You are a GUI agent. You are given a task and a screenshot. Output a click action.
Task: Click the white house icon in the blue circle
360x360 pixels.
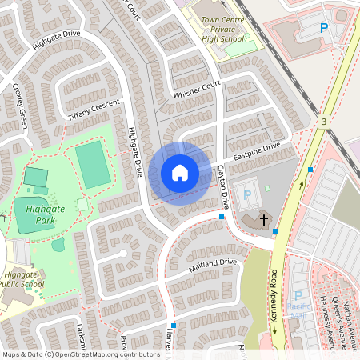[x=179, y=173]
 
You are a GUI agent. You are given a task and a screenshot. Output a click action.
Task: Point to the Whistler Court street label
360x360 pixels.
[x=196, y=94]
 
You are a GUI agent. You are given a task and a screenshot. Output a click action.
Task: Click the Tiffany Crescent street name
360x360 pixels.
[x=94, y=110]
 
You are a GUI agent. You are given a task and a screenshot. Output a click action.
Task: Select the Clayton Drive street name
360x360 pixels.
[x=223, y=189]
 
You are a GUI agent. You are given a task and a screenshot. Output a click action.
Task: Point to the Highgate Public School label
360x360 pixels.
[x=22, y=278]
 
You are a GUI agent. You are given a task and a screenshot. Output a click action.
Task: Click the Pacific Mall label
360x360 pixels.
[x=299, y=310]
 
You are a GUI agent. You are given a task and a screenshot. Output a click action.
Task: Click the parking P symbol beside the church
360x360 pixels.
[x=247, y=194]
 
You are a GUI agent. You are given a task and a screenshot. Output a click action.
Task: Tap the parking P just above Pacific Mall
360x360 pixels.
[x=299, y=294]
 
